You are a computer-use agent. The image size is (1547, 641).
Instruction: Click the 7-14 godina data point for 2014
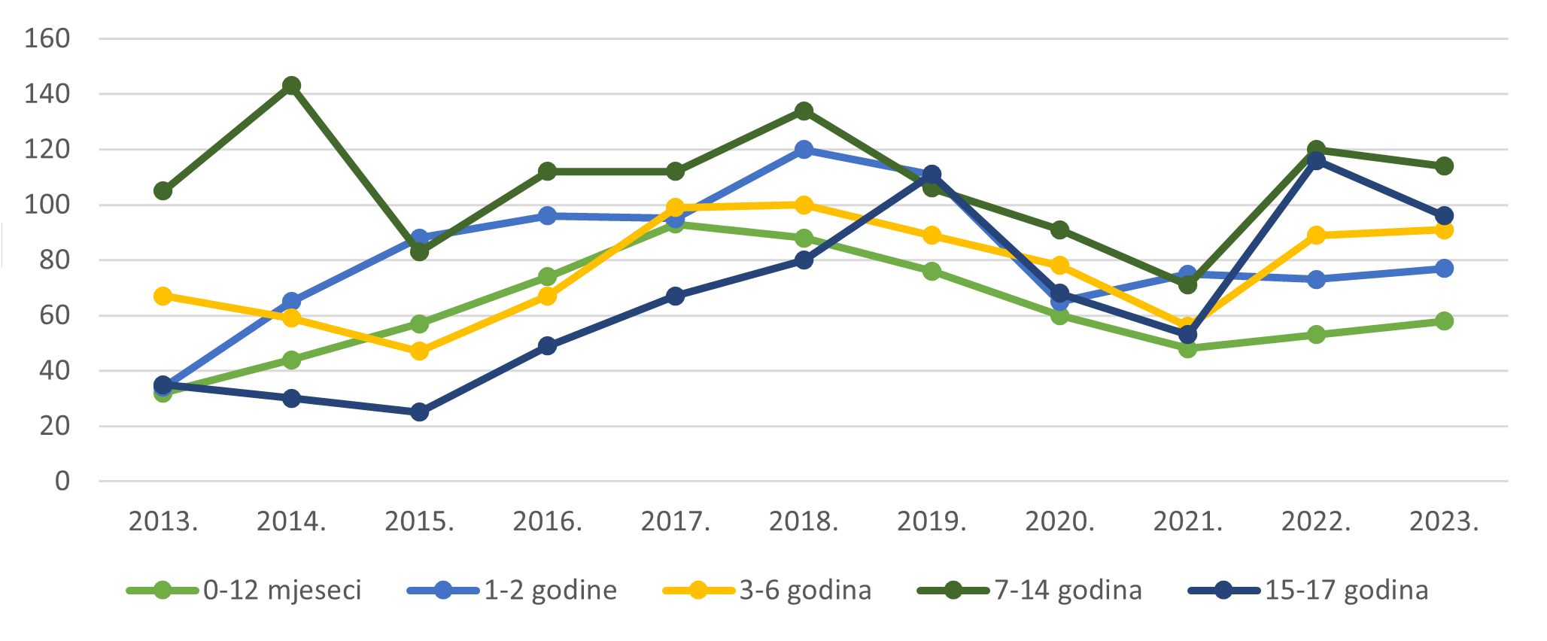point(291,86)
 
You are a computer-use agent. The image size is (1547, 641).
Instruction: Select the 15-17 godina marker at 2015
point(420,412)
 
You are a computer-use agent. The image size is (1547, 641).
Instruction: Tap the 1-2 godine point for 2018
point(804,149)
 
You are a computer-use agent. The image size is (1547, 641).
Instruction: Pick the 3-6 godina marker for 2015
point(420,351)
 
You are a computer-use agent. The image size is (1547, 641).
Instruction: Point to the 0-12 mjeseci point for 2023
point(1444,321)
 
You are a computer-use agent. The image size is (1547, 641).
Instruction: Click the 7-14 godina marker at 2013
point(163,191)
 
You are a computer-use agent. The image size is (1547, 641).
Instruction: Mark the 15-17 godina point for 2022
point(1316,161)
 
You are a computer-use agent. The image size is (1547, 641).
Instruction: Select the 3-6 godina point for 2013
point(163,296)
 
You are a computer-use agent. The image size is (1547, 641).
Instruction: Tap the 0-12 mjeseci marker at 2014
point(291,360)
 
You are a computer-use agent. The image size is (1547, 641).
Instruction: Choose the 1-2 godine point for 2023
point(1444,269)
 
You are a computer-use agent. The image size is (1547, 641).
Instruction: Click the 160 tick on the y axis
point(47,38)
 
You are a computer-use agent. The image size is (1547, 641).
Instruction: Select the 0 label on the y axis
point(62,482)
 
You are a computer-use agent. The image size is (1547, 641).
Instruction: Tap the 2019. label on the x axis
point(932,521)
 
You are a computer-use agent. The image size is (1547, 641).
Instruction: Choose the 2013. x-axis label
point(163,521)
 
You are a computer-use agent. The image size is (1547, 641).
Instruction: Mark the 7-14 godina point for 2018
point(804,111)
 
